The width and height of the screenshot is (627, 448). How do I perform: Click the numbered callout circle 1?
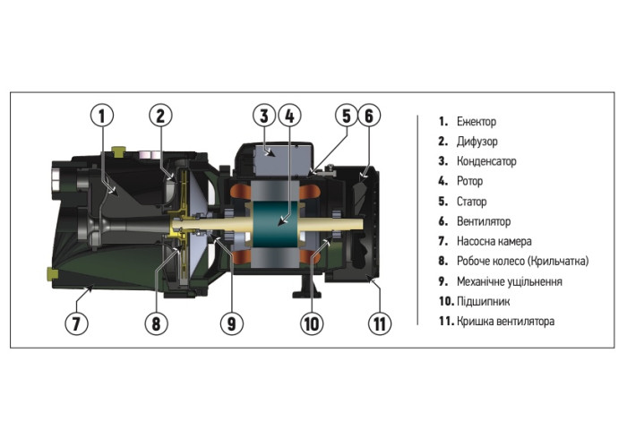point(103,116)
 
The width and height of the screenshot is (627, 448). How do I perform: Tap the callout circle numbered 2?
point(160,116)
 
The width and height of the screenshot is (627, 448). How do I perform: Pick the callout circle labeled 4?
point(288,116)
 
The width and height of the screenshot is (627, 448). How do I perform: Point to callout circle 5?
point(346,116)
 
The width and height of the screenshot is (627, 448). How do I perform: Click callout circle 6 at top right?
point(370,116)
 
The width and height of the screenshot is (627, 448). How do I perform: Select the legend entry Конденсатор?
point(487,161)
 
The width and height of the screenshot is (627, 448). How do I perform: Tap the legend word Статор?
point(471,202)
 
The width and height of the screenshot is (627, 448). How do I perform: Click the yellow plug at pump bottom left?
point(51,271)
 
